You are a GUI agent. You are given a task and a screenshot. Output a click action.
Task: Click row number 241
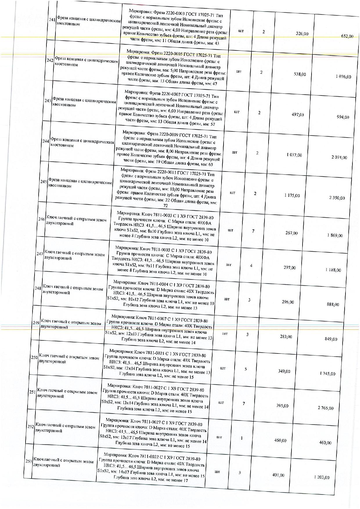(52, 20)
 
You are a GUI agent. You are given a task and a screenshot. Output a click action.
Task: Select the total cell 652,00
(347, 36)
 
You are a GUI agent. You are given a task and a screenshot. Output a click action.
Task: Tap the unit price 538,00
(300, 74)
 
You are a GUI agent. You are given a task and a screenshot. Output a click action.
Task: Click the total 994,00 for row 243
(343, 117)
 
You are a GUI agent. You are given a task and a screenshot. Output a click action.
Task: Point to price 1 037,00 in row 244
(294, 155)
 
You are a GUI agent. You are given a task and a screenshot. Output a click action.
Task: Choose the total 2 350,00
(337, 198)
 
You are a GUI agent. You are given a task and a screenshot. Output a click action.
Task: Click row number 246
(42, 219)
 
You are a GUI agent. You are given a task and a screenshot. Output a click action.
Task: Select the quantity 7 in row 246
(253, 231)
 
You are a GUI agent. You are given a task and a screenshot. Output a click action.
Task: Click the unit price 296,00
(288, 302)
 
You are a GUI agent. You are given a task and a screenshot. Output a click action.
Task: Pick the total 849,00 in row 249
(331, 339)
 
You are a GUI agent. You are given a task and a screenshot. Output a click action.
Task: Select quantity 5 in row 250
(246, 369)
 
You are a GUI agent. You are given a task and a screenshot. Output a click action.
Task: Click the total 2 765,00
(325, 408)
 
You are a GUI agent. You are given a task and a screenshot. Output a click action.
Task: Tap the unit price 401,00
(278, 475)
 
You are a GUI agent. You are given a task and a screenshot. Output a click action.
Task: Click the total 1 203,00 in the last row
(322, 477)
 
